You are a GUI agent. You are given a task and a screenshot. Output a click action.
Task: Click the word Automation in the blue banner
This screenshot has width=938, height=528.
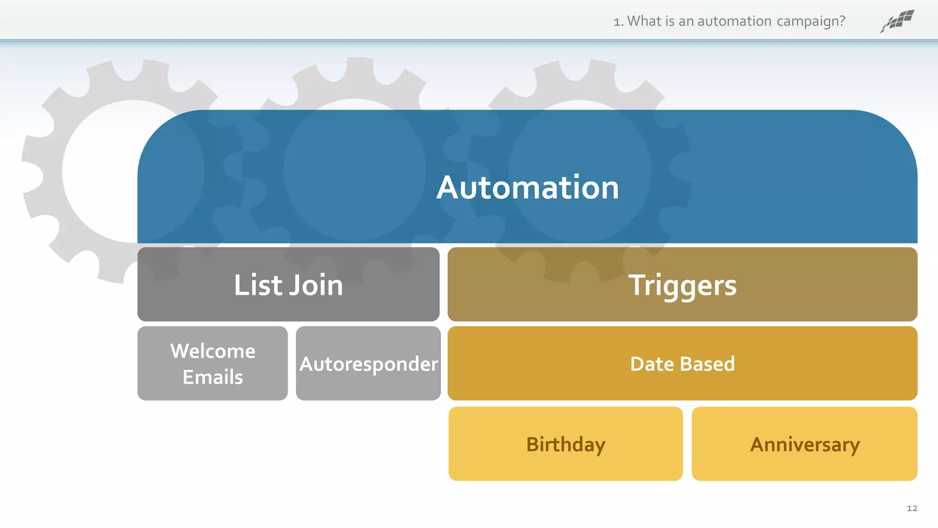(528, 187)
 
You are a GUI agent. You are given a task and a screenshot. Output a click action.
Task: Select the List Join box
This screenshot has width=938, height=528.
(289, 284)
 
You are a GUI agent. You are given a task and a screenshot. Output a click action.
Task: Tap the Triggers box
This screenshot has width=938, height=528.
(682, 284)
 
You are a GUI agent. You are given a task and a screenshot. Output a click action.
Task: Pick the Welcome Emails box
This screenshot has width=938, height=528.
(213, 363)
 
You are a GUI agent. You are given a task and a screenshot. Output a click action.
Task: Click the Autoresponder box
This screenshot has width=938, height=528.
(368, 363)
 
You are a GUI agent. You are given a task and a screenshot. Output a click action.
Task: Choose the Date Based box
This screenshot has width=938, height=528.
(682, 363)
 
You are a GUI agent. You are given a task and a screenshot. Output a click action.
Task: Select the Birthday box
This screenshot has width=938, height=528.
(566, 444)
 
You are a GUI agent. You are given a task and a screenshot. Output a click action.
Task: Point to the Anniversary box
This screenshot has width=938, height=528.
(805, 444)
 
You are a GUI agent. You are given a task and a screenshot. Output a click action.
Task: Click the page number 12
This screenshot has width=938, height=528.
(912, 508)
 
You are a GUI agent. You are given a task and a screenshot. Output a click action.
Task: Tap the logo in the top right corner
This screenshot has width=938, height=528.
(898, 21)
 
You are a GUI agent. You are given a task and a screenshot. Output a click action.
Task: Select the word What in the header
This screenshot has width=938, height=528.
(644, 21)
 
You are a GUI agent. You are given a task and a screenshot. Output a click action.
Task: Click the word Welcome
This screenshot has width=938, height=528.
(213, 351)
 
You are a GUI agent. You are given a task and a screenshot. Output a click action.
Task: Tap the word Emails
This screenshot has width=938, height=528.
(213, 377)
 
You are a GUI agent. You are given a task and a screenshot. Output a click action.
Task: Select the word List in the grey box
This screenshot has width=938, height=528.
(258, 285)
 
